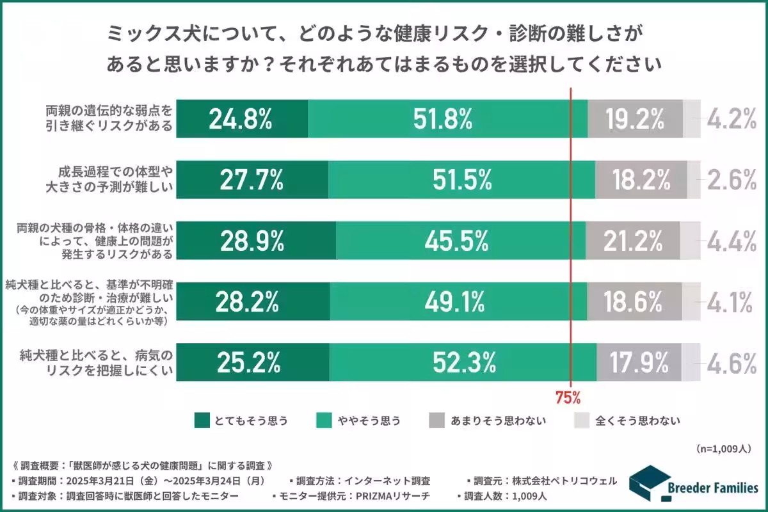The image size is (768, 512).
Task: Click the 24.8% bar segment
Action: [x=242, y=119]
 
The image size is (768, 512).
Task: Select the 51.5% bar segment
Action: [x=461, y=180]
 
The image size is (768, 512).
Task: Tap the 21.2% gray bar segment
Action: [x=632, y=241]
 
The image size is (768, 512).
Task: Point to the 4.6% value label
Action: [x=732, y=363]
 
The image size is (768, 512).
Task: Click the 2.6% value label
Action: [x=732, y=180]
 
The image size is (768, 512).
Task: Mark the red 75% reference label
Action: [x=568, y=398]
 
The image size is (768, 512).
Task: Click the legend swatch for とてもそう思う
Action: [x=202, y=420]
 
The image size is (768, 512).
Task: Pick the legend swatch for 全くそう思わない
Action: [x=580, y=420]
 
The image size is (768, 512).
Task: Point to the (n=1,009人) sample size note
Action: [x=723, y=449]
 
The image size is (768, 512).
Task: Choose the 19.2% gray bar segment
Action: [x=635, y=119]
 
